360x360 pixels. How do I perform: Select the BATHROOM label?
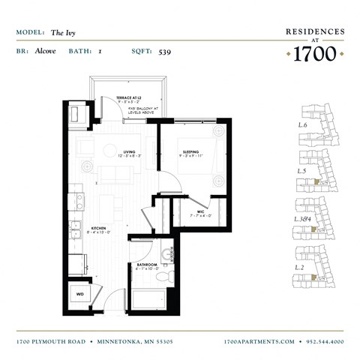click(146, 265)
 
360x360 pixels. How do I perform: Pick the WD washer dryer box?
click(80, 294)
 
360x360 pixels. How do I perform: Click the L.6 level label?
click(303, 124)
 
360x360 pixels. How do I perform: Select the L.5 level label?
click(303, 171)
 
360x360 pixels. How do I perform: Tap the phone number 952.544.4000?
click(325, 341)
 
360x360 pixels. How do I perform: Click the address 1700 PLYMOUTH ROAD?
click(51, 341)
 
